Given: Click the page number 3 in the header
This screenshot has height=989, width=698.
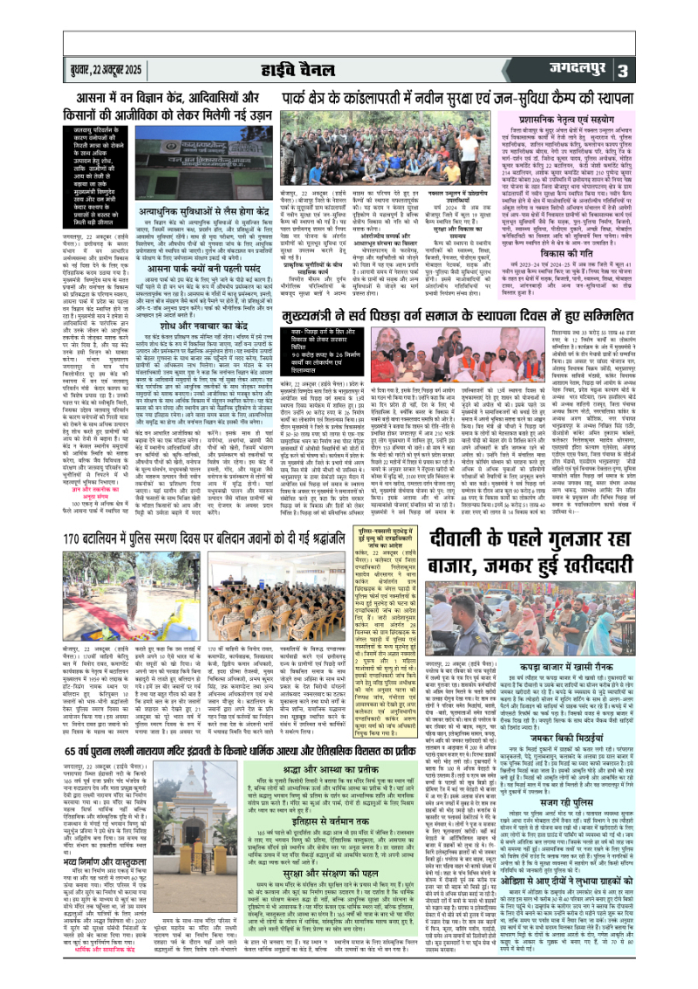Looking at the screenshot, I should point(672,70).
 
